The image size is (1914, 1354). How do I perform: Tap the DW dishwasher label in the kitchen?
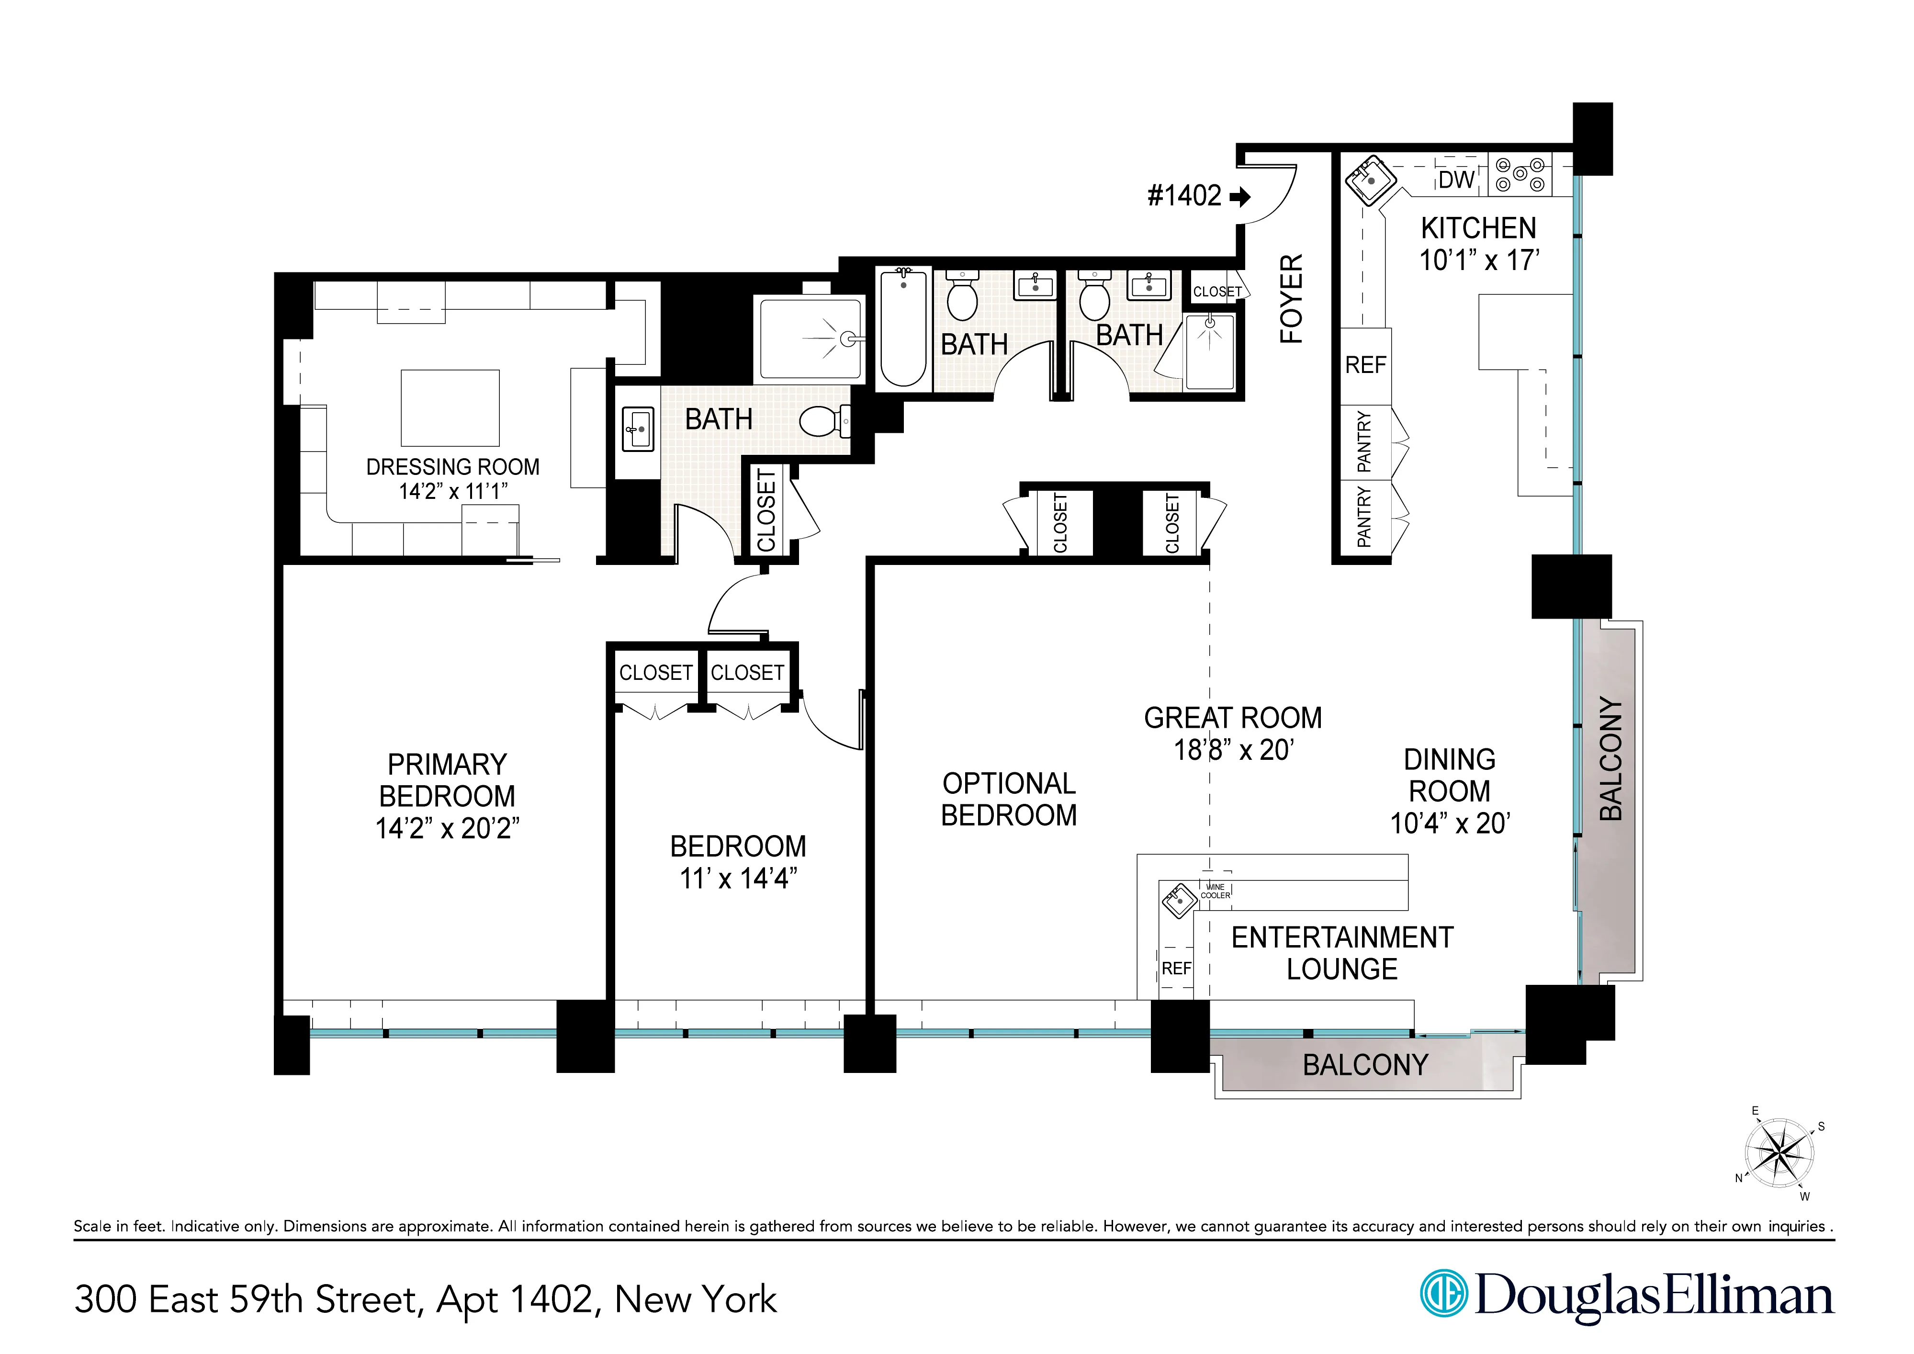[x=1455, y=179]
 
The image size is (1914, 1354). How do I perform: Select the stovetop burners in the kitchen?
[x=1519, y=175]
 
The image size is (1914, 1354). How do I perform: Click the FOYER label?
[x=1291, y=298]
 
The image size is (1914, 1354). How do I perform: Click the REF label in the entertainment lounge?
[x=1176, y=969]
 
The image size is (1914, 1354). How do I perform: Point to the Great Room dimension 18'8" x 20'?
[x=1233, y=750]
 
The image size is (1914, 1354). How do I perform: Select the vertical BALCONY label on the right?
[x=1611, y=759]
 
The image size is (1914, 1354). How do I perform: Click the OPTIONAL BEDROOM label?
[x=1009, y=799]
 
